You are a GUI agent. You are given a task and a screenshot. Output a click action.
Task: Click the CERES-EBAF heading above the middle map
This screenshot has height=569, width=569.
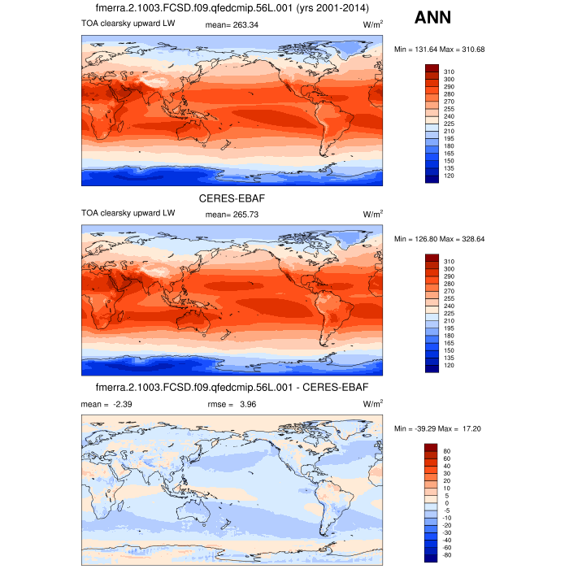coord(232,198)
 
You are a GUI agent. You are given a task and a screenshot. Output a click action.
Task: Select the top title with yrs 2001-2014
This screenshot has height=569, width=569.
coord(232,8)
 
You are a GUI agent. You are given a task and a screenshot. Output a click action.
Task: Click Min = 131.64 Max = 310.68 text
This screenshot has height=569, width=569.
coord(439,50)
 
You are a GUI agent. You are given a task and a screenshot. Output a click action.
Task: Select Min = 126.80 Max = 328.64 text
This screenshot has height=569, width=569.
coord(439,239)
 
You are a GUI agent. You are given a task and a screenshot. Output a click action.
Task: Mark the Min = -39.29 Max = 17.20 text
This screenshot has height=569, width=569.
coord(439,428)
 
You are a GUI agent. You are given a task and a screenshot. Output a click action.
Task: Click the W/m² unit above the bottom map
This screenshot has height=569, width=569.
coord(373,402)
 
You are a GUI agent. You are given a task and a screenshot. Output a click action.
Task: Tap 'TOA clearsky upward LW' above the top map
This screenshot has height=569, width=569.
coord(128,24)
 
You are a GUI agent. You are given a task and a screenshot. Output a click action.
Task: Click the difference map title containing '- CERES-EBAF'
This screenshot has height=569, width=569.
coord(232,386)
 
